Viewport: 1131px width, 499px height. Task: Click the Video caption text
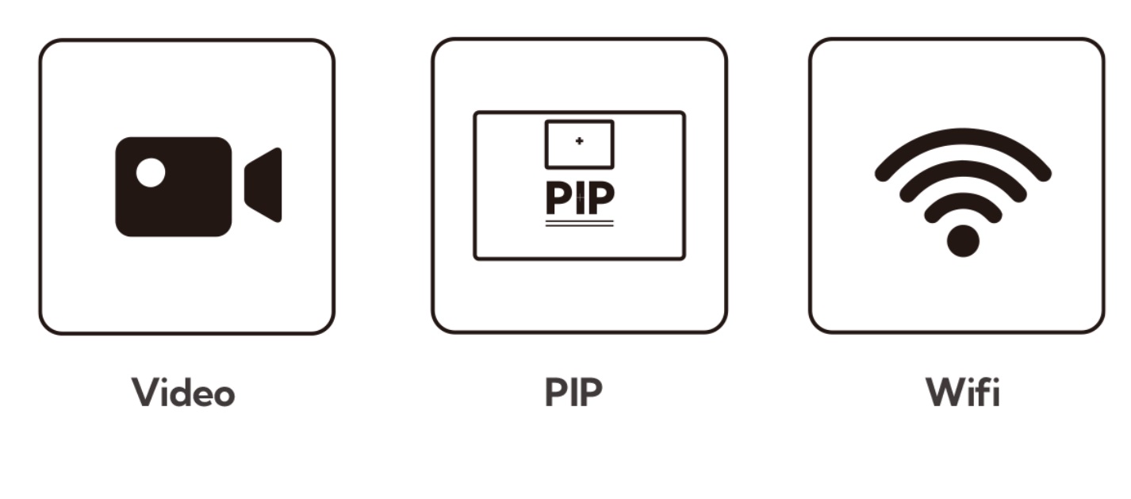tap(183, 392)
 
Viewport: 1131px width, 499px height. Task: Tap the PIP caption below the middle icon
tap(573, 392)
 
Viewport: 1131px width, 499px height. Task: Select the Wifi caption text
tap(963, 391)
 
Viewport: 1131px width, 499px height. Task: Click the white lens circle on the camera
tap(151, 172)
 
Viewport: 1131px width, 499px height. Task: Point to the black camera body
tap(174, 186)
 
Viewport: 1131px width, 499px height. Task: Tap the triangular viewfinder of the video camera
tap(263, 185)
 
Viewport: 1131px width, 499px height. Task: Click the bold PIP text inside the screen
tap(580, 198)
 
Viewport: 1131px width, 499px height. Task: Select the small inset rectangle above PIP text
tap(580, 144)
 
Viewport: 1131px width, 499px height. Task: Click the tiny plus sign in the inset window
tap(580, 141)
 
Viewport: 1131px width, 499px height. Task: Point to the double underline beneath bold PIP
tap(580, 223)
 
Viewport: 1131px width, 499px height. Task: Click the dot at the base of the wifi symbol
tap(963, 241)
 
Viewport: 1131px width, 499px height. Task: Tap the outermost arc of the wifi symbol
tap(963, 136)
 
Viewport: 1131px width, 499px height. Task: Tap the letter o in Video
tap(223, 395)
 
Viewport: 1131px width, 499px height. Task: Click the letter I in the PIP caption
tap(574, 392)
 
